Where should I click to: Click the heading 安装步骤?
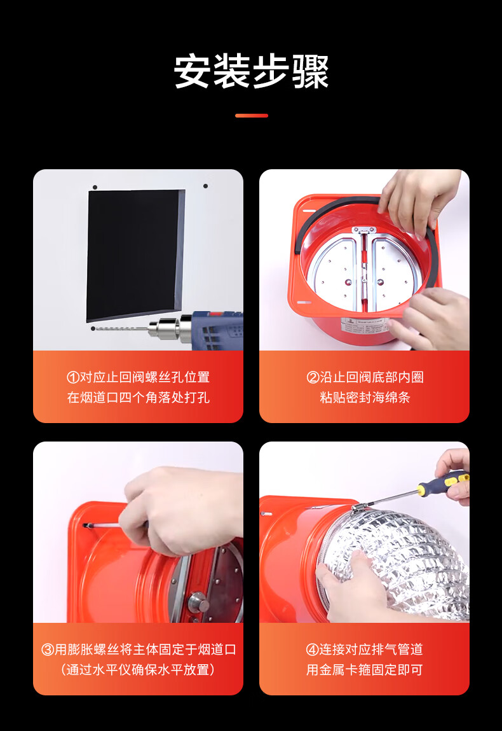pos(252,71)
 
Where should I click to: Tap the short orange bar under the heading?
pos(252,116)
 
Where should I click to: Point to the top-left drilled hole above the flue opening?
pos(95,188)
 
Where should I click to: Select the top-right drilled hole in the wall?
pos(205,186)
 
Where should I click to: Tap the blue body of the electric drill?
pos(217,330)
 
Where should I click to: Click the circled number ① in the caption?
pos(73,377)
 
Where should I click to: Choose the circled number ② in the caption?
pos(313,377)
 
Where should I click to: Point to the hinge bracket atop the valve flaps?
pos(363,230)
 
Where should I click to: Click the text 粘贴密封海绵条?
pos(365,397)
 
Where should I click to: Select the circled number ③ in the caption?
pos(48,649)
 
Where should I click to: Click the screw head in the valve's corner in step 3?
pos(86,526)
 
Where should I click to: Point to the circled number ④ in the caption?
pos(312,649)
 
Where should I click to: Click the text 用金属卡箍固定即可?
pos(365,669)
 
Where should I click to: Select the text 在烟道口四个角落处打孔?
pos(139,397)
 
